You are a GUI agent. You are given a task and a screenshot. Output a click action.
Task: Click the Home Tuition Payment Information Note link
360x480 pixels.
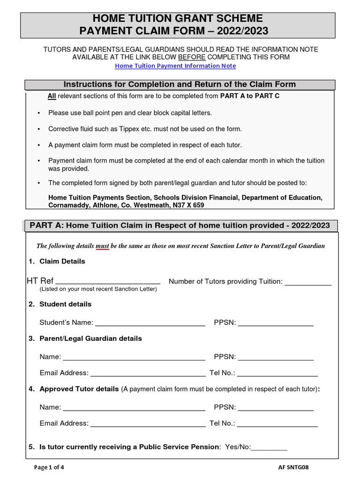coord(175,66)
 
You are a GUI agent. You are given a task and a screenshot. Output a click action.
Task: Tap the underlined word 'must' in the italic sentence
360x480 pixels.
coord(102,246)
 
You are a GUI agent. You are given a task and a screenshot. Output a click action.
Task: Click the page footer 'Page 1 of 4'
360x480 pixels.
coord(50,467)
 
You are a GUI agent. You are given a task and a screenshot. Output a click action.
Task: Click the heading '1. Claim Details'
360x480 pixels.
coord(57,262)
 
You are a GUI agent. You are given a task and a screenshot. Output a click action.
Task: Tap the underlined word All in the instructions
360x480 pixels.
coord(52,96)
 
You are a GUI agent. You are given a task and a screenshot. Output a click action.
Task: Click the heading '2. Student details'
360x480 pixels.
coord(60,304)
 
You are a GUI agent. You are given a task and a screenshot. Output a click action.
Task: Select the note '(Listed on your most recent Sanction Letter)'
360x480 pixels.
coord(98,289)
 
